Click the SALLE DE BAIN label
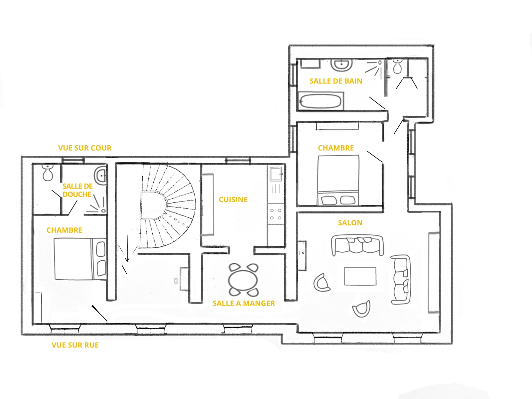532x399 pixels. [336, 81]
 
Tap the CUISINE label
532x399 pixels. [233, 199]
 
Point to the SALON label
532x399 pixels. [350, 223]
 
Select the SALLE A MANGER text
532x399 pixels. [244, 303]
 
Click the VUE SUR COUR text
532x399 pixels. [85, 148]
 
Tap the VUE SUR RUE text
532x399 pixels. [75, 345]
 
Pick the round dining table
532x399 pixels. [243, 280]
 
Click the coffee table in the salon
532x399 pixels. [360, 276]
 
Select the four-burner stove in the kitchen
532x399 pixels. [276, 214]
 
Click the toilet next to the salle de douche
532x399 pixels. [48, 173]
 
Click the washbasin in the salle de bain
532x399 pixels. [342, 65]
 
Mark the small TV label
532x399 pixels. [301, 253]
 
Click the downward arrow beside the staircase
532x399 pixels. [127, 249]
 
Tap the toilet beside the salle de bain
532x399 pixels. [397, 66]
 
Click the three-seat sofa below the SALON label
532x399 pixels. [357, 245]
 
